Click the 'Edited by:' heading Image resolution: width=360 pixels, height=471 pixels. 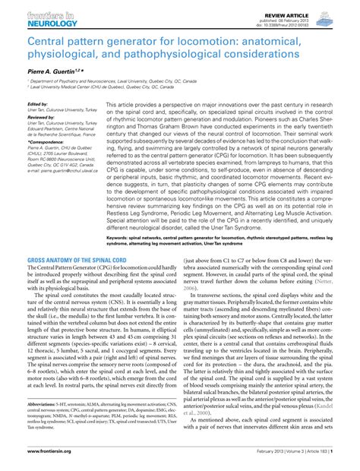[37, 104]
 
